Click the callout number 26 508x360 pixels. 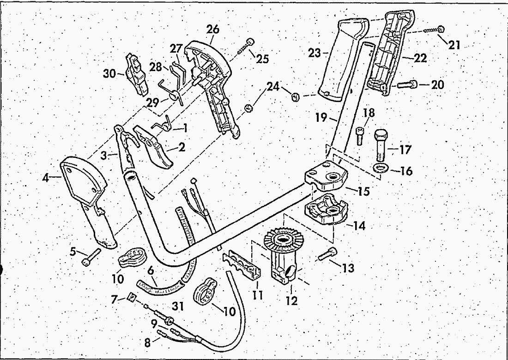click(213, 30)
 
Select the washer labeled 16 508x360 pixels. click(380, 168)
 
